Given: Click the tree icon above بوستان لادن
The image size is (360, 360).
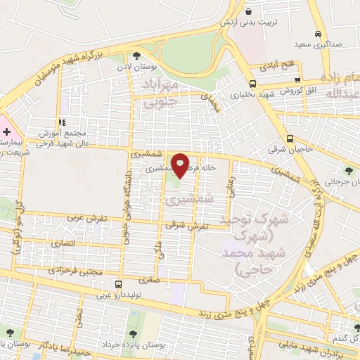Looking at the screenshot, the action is [136, 56].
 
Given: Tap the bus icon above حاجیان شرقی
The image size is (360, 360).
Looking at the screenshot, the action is [290, 138].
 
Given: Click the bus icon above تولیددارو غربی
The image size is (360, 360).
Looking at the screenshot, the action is [117, 285].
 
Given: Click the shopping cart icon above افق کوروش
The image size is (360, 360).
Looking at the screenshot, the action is [298, 80].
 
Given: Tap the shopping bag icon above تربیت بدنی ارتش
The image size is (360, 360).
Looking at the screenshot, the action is [249, 11].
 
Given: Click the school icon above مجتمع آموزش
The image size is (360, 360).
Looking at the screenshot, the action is [64, 121].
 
